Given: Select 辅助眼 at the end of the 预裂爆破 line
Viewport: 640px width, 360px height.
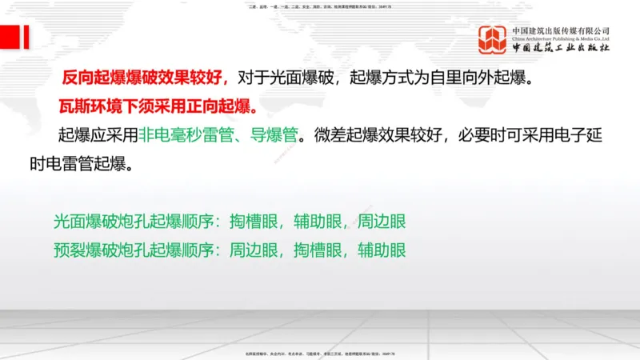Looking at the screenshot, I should click(x=382, y=250).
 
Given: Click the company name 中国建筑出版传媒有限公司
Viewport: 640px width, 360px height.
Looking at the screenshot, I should click(x=561, y=30).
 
